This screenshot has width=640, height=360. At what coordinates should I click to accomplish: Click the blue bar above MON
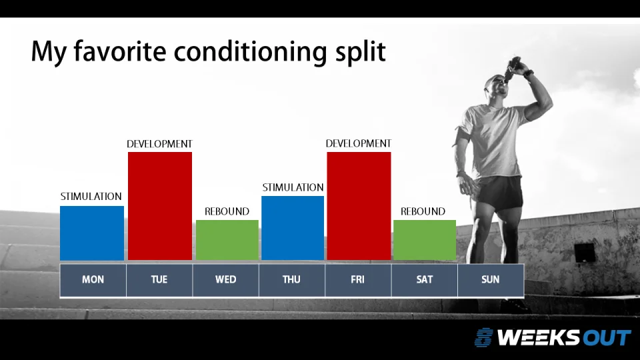pyautogui.click(x=92, y=233)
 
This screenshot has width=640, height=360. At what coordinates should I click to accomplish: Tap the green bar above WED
pyautogui.click(x=227, y=239)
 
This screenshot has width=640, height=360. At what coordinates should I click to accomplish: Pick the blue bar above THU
pyautogui.click(x=293, y=227)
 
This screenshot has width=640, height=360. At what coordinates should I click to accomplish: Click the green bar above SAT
pyautogui.click(x=425, y=239)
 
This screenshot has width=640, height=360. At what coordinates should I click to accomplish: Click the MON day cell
pyautogui.click(x=93, y=280)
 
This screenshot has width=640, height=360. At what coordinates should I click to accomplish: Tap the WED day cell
pyautogui.click(x=225, y=280)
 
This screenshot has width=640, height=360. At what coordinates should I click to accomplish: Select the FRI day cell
pyautogui.click(x=358, y=280)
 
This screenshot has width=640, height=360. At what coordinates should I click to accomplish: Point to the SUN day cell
pyautogui.click(x=490, y=280)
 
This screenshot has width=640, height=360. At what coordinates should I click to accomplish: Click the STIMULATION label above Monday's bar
pyautogui.click(x=91, y=197)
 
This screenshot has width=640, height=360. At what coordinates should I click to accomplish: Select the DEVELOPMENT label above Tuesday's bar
pyautogui.click(x=159, y=144)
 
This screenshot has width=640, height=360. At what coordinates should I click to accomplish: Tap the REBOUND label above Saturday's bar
pyautogui.click(x=423, y=211)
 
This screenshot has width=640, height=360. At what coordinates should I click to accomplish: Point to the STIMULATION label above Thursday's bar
pyautogui.click(x=293, y=187)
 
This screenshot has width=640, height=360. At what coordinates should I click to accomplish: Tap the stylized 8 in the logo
pyautogui.click(x=484, y=337)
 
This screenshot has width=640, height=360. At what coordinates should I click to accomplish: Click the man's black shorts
pyautogui.click(x=499, y=191)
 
